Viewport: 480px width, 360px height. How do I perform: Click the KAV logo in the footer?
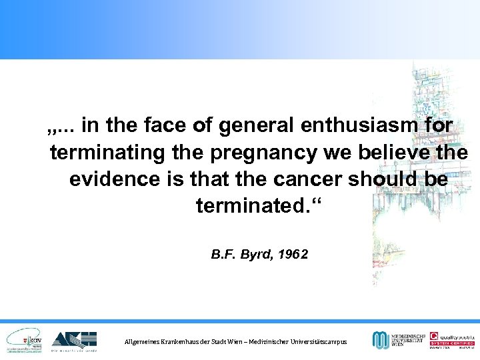25,341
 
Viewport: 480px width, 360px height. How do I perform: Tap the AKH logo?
74,341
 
